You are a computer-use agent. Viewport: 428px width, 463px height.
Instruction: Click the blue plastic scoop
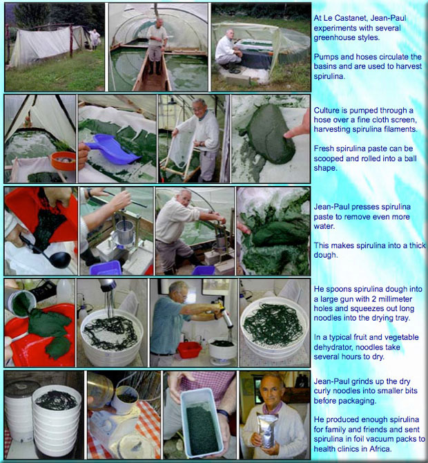tap(112, 150)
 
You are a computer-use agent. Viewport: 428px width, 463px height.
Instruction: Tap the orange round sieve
tap(63, 160)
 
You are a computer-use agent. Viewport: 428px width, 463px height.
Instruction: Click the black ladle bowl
tap(60, 260)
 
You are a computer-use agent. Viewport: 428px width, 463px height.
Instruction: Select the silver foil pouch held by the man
tap(267, 430)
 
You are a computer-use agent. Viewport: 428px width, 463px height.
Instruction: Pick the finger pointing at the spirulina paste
tap(298, 128)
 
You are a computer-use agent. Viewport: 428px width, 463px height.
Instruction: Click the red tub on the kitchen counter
tap(189, 350)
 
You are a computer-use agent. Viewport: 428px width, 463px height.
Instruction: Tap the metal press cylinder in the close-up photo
tap(124, 231)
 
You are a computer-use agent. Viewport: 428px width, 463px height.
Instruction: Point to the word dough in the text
tap(325, 255)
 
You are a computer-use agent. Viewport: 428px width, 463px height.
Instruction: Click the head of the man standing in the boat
tap(159, 23)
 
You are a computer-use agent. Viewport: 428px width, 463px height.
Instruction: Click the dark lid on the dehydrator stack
tap(22, 388)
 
